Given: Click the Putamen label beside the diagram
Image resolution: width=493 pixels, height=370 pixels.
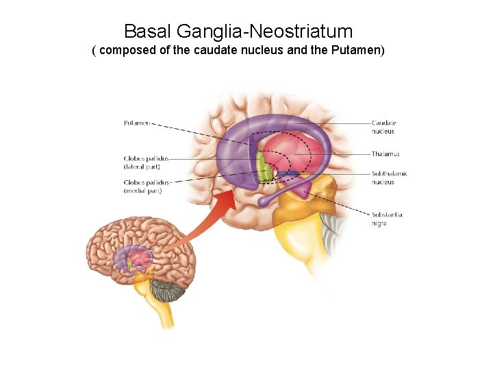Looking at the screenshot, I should click(136, 123).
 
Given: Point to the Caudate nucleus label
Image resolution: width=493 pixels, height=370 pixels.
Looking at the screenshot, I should click(383, 127).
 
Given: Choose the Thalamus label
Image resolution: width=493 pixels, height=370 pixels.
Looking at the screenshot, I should click(385, 154).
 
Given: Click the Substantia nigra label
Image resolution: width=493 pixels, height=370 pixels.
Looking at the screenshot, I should click(387, 219).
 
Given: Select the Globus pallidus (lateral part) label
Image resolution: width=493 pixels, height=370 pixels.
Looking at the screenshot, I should click(145, 162).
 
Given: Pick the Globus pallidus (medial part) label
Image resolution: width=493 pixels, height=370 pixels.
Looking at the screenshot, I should click(145, 186).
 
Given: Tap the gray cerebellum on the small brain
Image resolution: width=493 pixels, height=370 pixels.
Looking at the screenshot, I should click(167, 291).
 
